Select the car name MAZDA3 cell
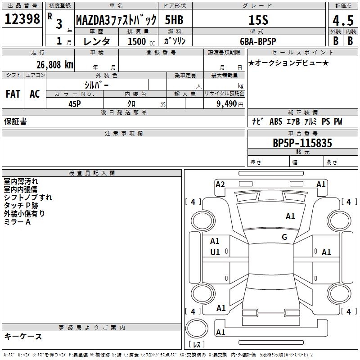pyautogui.click(x=116, y=20)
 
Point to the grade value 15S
pyautogui.click(x=258, y=20)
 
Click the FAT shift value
pyautogui.click(x=13, y=94)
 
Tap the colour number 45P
pyautogui.click(x=74, y=103)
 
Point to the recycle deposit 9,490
pyautogui.click(x=226, y=103)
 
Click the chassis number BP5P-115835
pyautogui.click(x=302, y=143)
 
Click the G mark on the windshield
pyautogui.click(x=284, y=237)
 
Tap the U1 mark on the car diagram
pyautogui.click(x=215, y=252)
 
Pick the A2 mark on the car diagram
pyautogui.click(x=220, y=184)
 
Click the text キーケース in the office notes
pyautogui.click(x=23, y=337)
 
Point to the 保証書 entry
pyautogui.click(x=15, y=121)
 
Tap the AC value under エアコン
pyautogui.click(x=35, y=94)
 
